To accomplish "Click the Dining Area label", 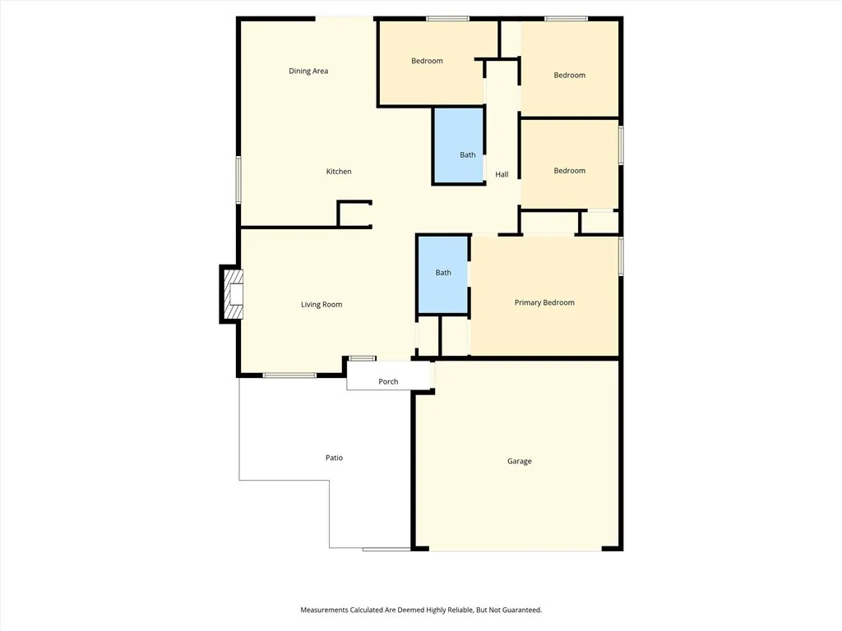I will (308, 71).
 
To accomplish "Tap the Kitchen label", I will (339, 172).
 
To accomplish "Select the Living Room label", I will (322, 305).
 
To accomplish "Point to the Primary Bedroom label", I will (544, 303).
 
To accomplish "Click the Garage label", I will (519, 462).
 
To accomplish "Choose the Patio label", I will (334, 458).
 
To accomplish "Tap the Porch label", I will (388, 382).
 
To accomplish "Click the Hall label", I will (502, 175).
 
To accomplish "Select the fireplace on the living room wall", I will (232, 293).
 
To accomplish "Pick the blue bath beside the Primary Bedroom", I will (443, 274).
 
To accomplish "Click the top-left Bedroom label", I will (427, 62).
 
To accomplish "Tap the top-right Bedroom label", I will (569, 76).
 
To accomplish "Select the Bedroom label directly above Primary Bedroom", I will (569, 171).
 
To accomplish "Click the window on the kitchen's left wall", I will (238, 180).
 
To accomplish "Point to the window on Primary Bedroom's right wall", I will (621, 256).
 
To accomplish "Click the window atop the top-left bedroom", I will (447, 18).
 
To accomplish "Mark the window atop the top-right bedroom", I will (566, 18).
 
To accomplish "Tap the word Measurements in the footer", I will (325, 610).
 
